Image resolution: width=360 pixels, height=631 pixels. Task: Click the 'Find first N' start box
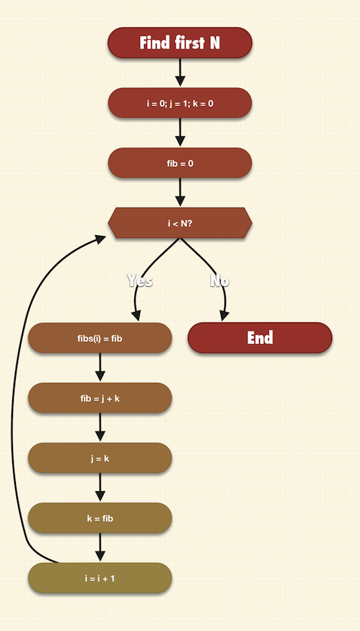(x=180, y=42)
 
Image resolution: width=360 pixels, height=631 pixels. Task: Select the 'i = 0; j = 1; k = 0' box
(x=180, y=103)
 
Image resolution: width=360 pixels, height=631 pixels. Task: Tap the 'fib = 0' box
(x=180, y=163)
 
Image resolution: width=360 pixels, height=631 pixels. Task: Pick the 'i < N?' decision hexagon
(x=180, y=223)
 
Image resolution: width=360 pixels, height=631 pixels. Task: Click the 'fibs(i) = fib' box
(x=100, y=338)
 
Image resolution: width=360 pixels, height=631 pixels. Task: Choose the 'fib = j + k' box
(x=100, y=398)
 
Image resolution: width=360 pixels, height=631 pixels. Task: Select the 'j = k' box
(x=100, y=458)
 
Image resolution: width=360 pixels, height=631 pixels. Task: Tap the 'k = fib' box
(x=100, y=518)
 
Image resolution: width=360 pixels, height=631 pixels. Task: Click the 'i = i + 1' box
(x=100, y=578)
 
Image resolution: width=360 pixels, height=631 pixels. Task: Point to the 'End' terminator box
(x=260, y=338)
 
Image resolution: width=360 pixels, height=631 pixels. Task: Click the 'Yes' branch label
(x=140, y=280)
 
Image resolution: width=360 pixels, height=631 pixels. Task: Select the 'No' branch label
(x=219, y=280)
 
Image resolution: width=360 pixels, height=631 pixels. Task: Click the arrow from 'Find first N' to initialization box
(x=180, y=72)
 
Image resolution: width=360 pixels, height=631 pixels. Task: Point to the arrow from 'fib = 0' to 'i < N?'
(x=180, y=192)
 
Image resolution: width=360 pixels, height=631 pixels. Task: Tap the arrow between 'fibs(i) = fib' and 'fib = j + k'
(x=100, y=367)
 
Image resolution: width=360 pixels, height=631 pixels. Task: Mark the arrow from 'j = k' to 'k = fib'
(x=100, y=488)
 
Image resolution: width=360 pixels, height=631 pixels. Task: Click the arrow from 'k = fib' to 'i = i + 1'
(x=100, y=547)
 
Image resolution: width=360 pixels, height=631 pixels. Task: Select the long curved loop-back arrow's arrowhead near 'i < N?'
(x=100, y=239)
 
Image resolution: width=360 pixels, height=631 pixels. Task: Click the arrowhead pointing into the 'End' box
(x=224, y=316)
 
